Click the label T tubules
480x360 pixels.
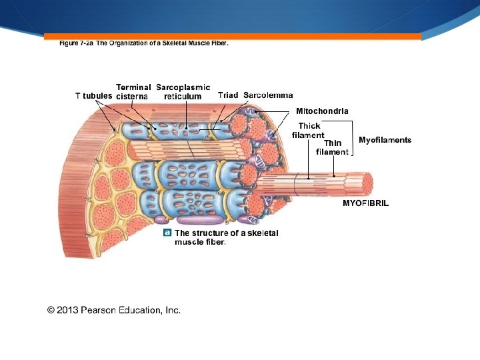(93, 96)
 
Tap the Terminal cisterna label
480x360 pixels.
(133, 92)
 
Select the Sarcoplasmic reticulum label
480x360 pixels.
(183, 92)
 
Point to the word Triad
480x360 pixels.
(228, 95)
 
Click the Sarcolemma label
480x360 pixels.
(268, 95)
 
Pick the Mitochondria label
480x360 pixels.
(322, 111)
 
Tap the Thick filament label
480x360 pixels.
(308, 131)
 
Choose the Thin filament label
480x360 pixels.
(332, 147)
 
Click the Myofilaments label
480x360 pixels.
(385, 140)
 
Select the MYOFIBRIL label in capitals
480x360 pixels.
(365, 203)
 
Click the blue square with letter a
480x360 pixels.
(167, 233)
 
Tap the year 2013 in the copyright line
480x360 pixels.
(69, 310)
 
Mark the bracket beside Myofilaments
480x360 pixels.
(352, 140)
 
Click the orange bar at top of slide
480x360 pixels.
(233, 36)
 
